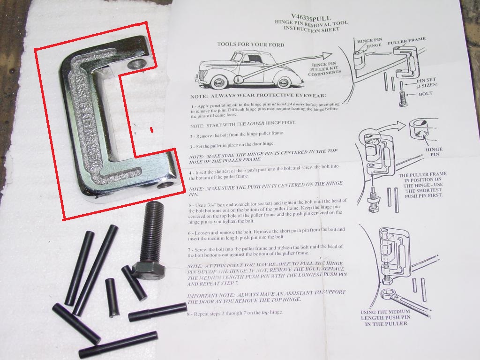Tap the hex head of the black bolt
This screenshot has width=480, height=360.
coord(149,270)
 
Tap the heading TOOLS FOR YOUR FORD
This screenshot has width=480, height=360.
coord(250,45)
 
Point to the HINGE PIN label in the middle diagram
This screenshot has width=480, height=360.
coord(434,152)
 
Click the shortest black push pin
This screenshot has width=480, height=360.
coord(111,297)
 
